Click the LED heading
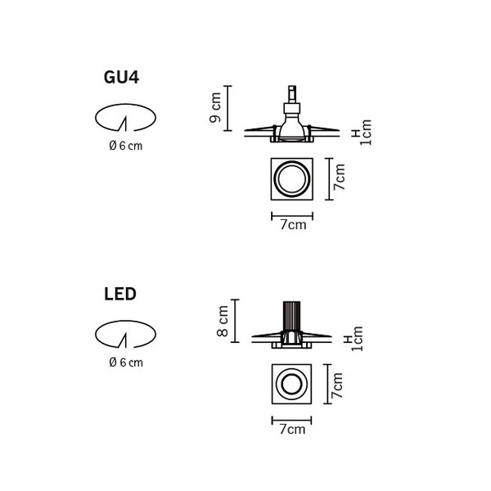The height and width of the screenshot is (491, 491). pos(119,292)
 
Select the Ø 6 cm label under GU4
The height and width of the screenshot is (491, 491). pos(125,146)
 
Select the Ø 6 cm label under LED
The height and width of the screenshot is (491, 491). pos(125,362)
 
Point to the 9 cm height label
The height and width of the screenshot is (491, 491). pos(215,107)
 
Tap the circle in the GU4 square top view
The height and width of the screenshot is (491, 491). pos(291,178)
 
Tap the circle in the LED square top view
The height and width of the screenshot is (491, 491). pos(291,384)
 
